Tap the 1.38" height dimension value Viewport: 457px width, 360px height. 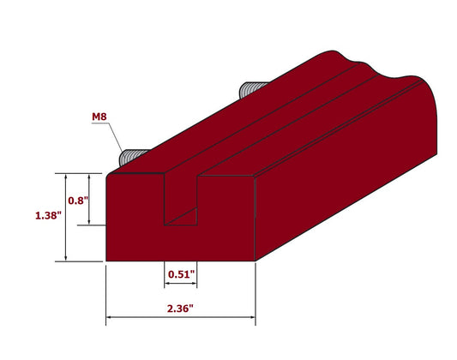(x=48, y=217)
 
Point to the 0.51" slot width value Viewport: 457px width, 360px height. (x=180, y=274)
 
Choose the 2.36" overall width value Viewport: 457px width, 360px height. (x=180, y=306)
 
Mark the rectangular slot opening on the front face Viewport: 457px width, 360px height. (x=180, y=201)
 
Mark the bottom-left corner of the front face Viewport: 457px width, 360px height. (x=105, y=261)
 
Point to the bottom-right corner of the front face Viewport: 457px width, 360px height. (x=256, y=261)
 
